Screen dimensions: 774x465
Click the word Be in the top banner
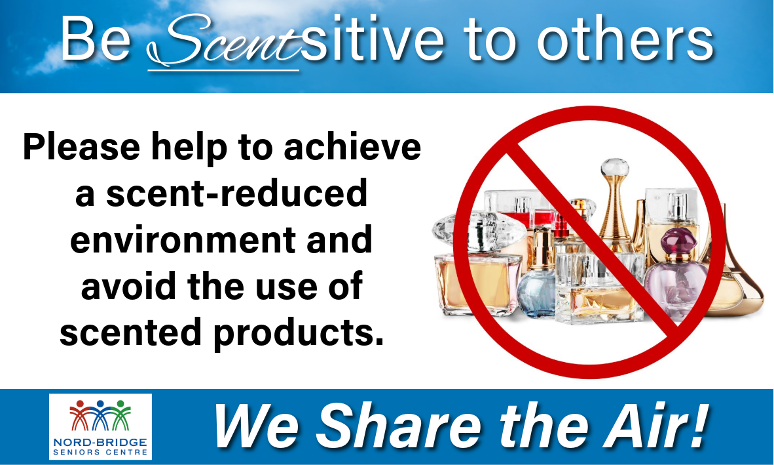[x=96, y=39]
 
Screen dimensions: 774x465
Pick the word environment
[x=183, y=239]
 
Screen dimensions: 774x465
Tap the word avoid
[x=130, y=285]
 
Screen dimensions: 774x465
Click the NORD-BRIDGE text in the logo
[x=100, y=441]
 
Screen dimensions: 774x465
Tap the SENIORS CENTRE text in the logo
[x=100, y=452]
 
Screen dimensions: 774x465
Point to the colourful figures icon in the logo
[x=100, y=415]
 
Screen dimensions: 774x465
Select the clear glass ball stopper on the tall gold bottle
[x=615, y=167]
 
